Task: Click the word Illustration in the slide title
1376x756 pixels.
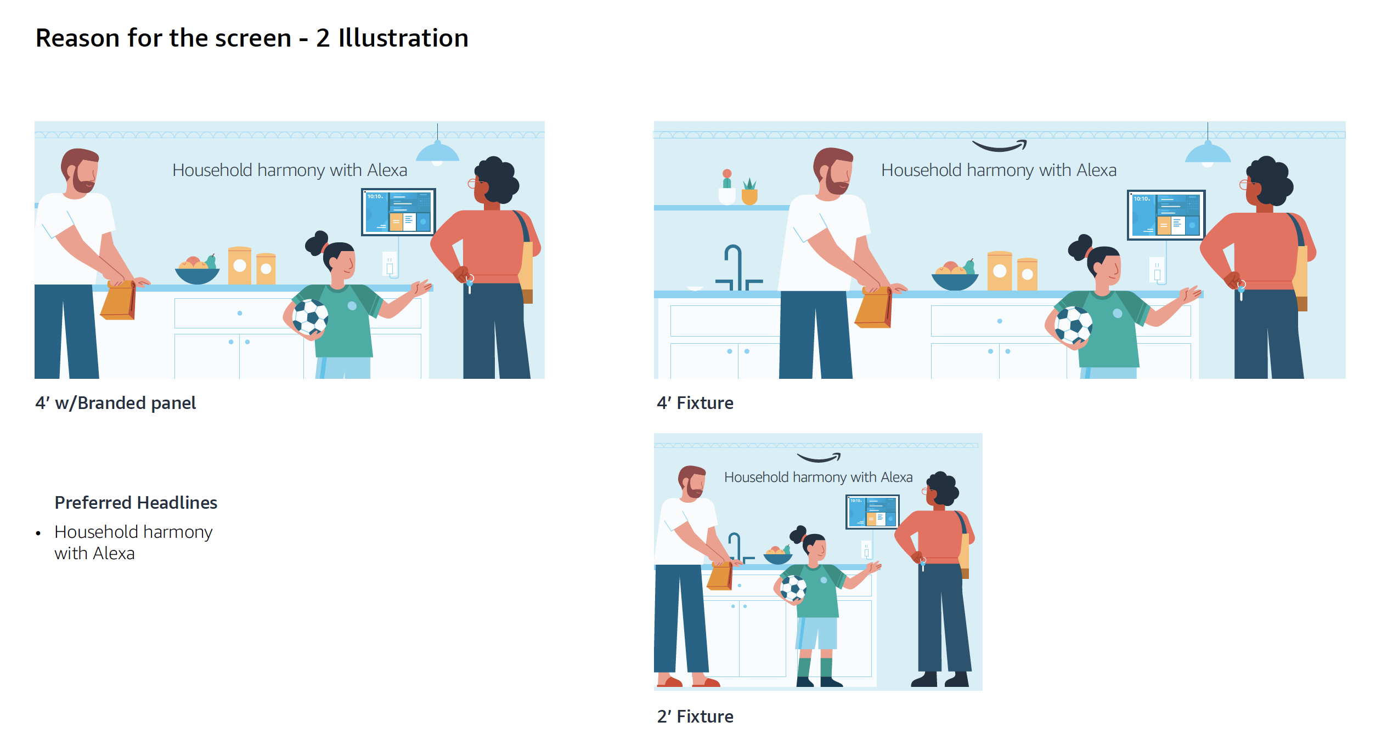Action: [x=403, y=38]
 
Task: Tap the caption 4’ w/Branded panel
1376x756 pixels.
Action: [x=115, y=403]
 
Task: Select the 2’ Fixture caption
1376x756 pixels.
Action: [x=695, y=717]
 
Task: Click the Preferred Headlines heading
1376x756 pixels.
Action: [x=136, y=503]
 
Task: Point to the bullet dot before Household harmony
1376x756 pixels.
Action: [x=38, y=533]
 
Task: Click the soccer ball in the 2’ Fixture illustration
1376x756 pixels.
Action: [x=793, y=588]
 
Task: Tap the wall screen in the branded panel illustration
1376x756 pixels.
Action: [x=398, y=212]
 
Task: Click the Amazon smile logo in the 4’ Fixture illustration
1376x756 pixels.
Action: [x=999, y=145]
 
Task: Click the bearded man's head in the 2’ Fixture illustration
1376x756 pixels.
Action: [x=692, y=481]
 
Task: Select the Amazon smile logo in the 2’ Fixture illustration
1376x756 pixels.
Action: [x=819, y=457]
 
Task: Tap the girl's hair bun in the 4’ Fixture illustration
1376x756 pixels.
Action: [x=1081, y=246]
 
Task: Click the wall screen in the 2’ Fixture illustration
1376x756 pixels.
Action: [x=872, y=511]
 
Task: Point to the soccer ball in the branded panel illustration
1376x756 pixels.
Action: [x=310, y=317]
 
